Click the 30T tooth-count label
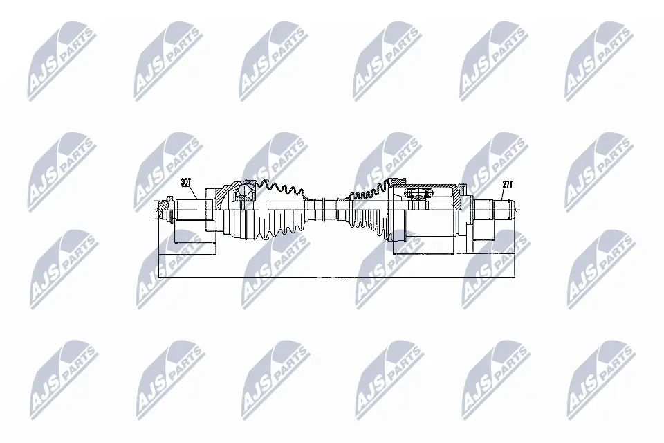pos(185,183)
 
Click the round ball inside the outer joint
pos(242,192)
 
